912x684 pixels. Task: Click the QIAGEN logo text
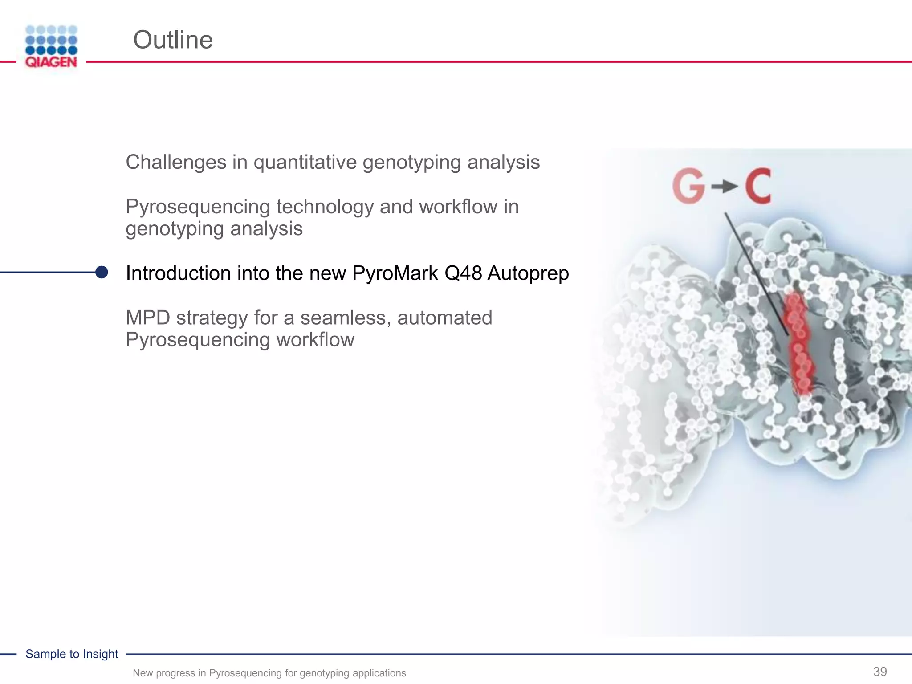(x=51, y=62)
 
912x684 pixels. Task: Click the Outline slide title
(x=173, y=40)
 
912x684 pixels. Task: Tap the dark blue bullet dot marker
(x=102, y=272)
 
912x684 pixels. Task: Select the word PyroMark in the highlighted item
(x=395, y=273)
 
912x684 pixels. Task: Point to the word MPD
(x=148, y=318)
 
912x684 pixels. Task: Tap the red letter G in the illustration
(x=688, y=187)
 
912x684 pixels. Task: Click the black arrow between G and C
(x=724, y=187)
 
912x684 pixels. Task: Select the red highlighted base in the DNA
(x=798, y=343)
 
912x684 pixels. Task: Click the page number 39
(x=880, y=672)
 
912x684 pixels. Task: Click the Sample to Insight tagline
(x=72, y=654)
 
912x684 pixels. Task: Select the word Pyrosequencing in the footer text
(x=245, y=673)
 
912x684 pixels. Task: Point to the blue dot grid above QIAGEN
(x=52, y=40)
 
